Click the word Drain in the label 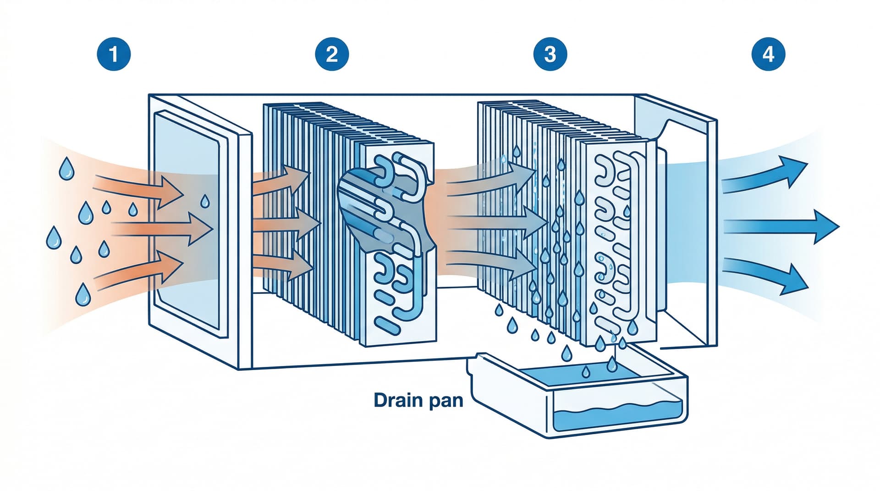(x=397, y=400)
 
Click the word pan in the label (x=445, y=401)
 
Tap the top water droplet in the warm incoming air (x=66, y=169)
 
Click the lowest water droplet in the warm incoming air (x=83, y=295)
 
